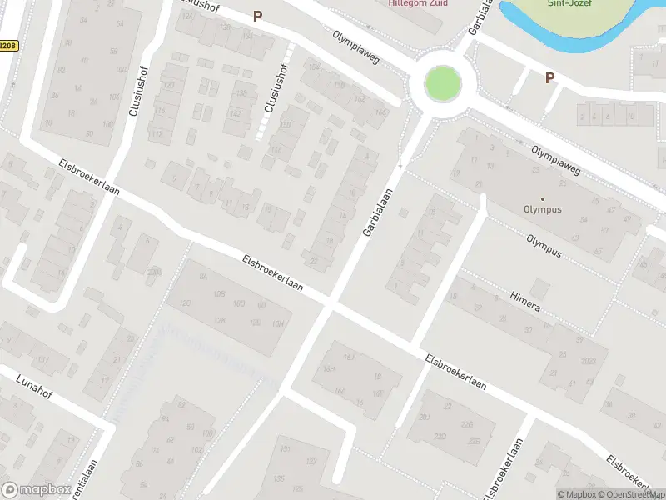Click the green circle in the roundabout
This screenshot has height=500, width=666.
442,83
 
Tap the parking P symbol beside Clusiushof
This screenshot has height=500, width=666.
258,16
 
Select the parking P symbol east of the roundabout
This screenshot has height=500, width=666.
549,77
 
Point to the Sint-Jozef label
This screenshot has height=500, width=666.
569,3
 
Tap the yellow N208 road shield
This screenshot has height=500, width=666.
8,45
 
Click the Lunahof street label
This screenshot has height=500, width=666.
33,387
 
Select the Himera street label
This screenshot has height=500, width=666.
525,302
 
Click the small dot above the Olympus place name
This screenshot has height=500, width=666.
543,198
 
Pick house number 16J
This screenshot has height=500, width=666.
350,358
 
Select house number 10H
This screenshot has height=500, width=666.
278,323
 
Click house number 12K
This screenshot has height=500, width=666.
220,320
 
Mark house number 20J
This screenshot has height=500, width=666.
425,417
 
